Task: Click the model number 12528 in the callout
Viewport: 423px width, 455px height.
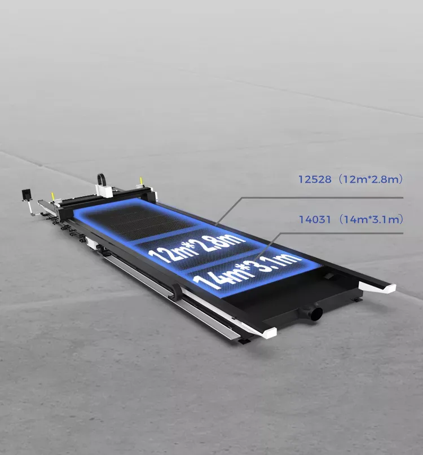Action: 315,179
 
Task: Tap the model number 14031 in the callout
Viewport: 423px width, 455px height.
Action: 315,219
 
